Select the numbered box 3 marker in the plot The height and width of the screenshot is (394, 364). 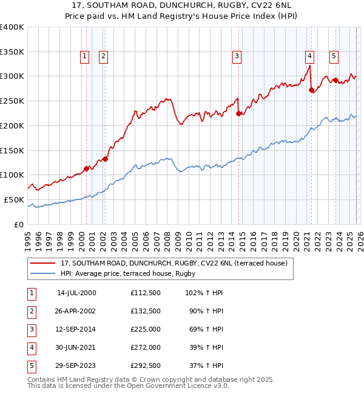point(236,56)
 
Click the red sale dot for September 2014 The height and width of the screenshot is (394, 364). point(238,113)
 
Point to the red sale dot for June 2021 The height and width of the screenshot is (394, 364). point(311,90)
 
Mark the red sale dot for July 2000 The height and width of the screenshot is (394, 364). point(86,169)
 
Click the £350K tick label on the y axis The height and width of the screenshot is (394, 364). point(12,52)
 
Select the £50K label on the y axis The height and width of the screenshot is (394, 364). point(14,199)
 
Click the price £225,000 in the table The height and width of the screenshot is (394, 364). point(145,330)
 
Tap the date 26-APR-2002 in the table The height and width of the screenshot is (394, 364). point(76,312)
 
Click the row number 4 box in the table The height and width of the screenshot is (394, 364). point(30,348)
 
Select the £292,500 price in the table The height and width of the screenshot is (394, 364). point(145,366)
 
